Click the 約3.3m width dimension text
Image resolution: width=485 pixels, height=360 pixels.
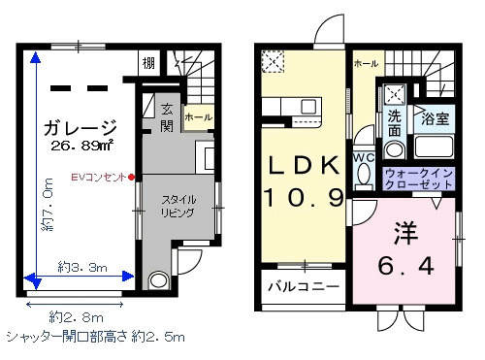[x=81, y=264]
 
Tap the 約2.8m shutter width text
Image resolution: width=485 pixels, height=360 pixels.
[x=76, y=316]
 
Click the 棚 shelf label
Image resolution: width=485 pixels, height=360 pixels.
[x=147, y=64]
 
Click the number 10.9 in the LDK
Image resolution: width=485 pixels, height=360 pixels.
[x=304, y=197]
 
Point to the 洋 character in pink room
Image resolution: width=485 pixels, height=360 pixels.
[x=404, y=234]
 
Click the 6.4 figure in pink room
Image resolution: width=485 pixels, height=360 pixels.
[x=404, y=264]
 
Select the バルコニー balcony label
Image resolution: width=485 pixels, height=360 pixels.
[x=303, y=289]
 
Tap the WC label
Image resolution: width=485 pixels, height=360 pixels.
[x=364, y=158]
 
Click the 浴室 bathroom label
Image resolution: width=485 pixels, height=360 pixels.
[x=435, y=119]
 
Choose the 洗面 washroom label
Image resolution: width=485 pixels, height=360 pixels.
[x=395, y=123]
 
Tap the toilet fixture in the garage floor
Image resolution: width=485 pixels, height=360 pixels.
[x=159, y=280]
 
